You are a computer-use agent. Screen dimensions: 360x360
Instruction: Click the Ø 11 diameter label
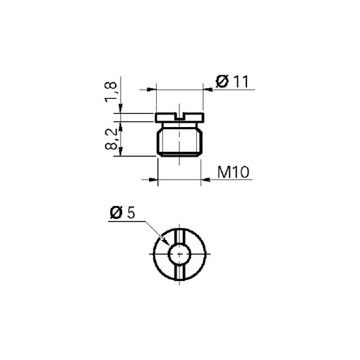point(232,82)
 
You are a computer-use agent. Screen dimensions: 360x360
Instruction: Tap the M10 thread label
point(233,172)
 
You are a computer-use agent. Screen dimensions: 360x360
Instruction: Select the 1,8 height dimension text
point(111,92)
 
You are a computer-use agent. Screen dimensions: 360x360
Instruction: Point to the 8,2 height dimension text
point(111,139)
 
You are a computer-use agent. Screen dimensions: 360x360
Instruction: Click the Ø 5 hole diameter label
point(122,212)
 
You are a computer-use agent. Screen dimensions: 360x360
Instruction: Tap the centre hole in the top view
point(179,254)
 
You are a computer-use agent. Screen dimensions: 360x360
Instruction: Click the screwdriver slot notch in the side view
point(179,116)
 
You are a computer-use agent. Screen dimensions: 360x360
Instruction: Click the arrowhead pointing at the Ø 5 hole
point(165,241)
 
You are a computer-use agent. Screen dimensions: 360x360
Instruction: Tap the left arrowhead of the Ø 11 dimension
point(152,90)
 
